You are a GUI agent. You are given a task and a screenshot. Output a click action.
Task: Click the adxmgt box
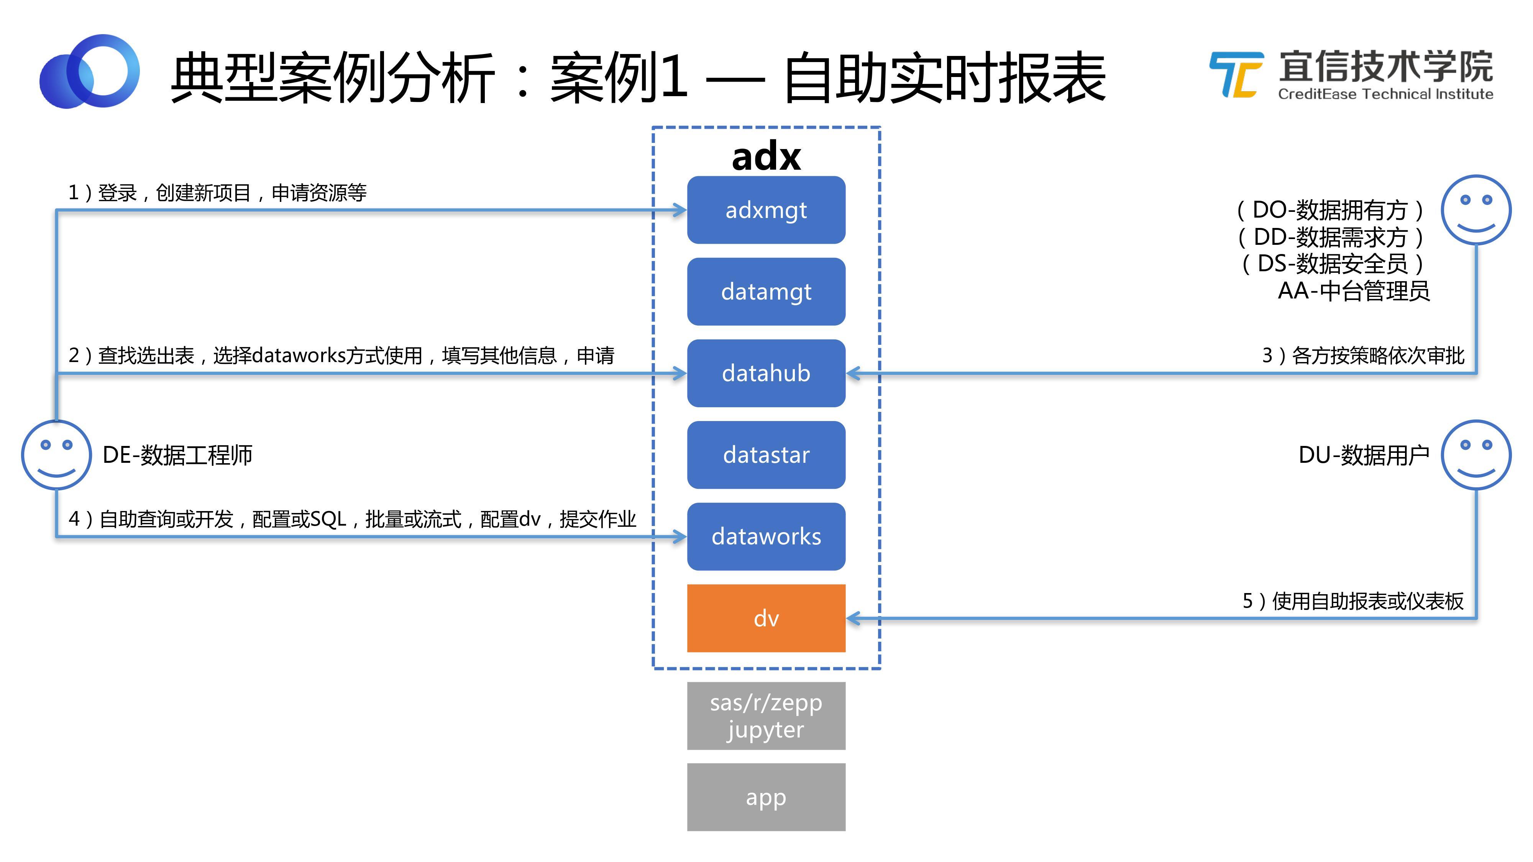pyautogui.click(x=766, y=210)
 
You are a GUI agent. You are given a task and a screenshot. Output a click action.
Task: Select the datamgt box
pyautogui.click(x=766, y=292)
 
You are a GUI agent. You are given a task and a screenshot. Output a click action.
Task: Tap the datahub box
pyautogui.click(x=766, y=373)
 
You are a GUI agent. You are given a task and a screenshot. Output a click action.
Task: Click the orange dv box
pyautogui.click(x=766, y=618)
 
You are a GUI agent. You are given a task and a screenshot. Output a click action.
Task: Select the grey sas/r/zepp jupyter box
pyautogui.click(x=766, y=716)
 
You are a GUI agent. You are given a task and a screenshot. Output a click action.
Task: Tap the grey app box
pyautogui.click(x=766, y=797)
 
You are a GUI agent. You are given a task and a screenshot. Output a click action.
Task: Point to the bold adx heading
pyautogui.click(x=766, y=156)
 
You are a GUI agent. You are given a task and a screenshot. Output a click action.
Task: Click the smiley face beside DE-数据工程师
pyautogui.click(x=57, y=455)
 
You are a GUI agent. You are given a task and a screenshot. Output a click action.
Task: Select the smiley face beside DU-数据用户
pyautogui.click(x=1476, y=455)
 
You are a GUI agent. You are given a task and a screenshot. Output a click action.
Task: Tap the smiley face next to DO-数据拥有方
pyautogui.click(x=1476, y=210)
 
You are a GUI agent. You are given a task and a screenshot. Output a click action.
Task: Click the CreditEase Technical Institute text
pyautogui.click(x=1385, y=94)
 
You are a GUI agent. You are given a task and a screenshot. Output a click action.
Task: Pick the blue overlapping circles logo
pyautogui.click(x=89, y=71)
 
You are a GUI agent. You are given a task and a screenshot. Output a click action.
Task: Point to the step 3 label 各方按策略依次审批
pyautogui.click(x=1363, y=355)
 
